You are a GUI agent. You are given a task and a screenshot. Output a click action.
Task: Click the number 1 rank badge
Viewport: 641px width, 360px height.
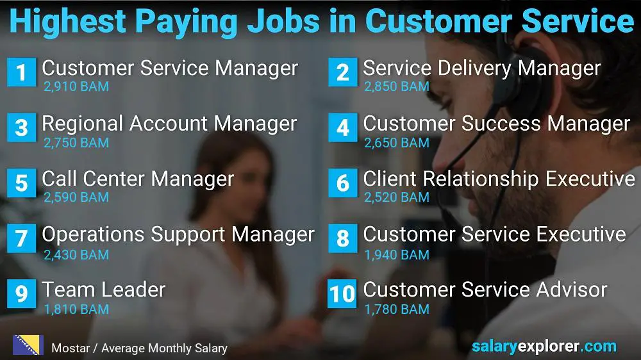[21, 72]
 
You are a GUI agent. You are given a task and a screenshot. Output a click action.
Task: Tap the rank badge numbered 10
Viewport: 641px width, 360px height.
[342, 293]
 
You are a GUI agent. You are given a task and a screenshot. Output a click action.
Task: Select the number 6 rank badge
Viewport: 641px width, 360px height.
[342, 183]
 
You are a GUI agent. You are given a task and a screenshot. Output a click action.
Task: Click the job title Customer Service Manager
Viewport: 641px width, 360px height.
[170, 68]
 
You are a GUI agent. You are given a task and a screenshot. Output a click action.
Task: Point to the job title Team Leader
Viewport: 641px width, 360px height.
[104, 290]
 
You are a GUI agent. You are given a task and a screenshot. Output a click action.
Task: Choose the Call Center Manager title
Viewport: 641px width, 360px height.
[138, 179]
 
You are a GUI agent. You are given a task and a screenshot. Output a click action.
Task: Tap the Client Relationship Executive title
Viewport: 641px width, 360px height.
[499, 179]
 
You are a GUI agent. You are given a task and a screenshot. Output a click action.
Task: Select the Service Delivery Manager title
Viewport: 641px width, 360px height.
[482, 68]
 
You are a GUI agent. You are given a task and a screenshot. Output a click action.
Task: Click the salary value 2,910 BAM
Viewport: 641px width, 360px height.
[76, 86]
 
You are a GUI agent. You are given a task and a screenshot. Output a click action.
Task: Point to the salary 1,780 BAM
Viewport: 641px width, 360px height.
[397, 309]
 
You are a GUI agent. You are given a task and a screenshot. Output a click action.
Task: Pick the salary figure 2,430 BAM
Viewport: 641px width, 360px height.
[76, 254]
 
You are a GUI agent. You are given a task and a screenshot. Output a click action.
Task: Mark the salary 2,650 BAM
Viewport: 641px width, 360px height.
[397, 143]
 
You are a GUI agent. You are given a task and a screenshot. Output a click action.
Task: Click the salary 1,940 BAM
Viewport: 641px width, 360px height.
[397, 254]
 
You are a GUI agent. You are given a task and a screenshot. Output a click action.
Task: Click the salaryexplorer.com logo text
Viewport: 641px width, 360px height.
[544, 347]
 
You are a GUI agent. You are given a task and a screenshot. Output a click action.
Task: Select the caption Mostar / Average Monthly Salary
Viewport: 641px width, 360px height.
[139, 348]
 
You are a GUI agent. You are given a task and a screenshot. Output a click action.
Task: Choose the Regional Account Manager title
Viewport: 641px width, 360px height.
[169, 124]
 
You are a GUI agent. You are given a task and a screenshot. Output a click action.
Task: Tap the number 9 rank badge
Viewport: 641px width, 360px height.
[21, 293]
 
